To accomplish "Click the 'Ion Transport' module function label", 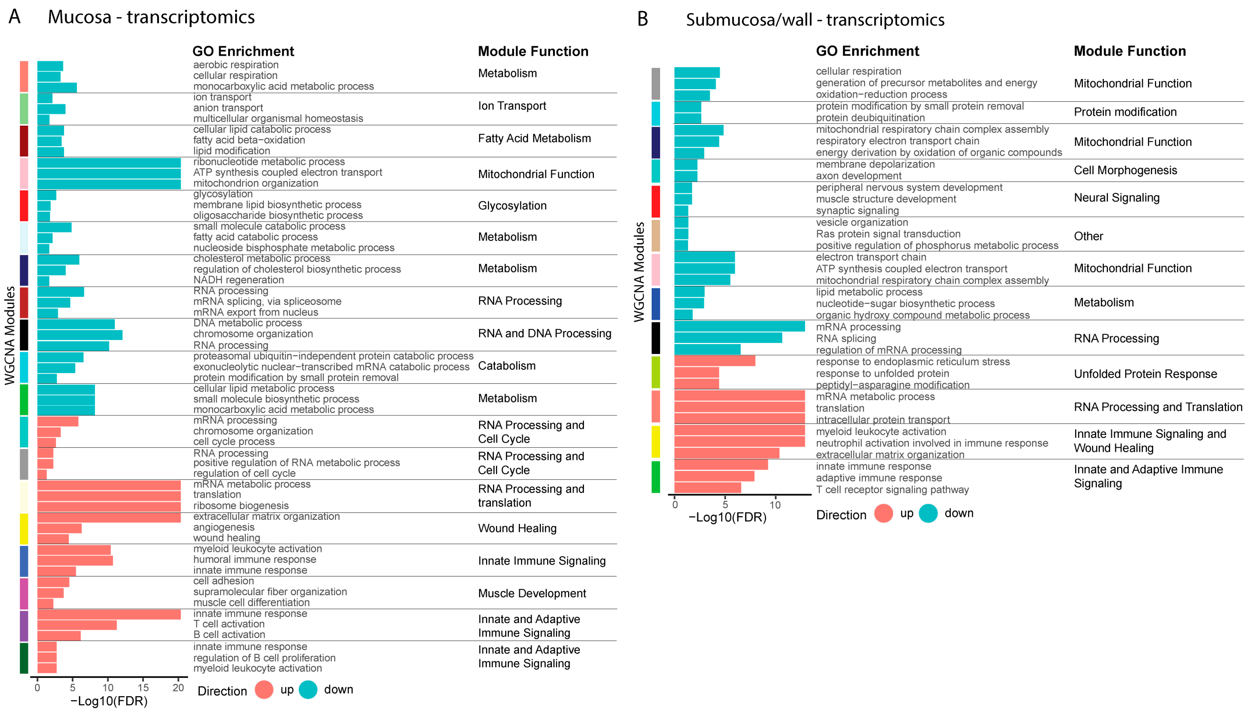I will coord(512,106).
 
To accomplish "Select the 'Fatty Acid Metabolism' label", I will coord(534,138).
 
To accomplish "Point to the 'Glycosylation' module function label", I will coord(512,206).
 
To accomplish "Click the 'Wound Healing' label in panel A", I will coord(517,529).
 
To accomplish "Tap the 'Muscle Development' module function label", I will coord(531,594).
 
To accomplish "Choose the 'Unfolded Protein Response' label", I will coord(1145,374).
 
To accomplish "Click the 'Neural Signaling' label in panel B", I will coord(1116,198).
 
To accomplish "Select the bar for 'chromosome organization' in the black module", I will coord(80,335).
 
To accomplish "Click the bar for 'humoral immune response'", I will coord(75,560).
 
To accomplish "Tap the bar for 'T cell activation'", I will coord(77,625).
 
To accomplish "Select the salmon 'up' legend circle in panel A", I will coord(264,690).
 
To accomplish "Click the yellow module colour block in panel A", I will coord(23,529).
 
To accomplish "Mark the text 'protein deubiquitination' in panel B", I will coord(870,118).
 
